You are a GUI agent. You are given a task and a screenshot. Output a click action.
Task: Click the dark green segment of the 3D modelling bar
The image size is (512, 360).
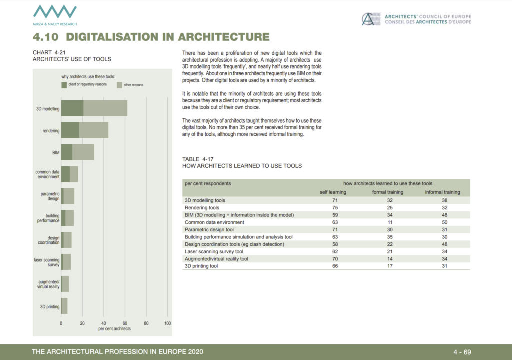tap(72, 108)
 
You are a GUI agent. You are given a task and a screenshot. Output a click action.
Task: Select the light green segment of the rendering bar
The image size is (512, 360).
tap(93, 130)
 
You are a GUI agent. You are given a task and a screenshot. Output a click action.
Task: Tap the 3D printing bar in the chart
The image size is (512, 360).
tap(64, 306)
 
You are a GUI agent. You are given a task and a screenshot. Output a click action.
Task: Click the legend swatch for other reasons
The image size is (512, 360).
tap(119, 85)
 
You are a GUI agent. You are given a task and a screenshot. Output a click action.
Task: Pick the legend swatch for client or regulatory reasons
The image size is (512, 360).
tap(64, 85)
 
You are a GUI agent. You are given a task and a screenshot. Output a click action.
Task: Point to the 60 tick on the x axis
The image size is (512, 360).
tap(125, 323)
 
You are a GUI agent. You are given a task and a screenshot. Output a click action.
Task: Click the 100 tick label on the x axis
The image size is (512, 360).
tap(167, 323)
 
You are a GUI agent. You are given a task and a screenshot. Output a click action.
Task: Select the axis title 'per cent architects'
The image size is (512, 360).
tap(114, 329)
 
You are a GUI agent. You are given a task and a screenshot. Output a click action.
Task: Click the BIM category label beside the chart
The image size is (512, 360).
tap(56, 153)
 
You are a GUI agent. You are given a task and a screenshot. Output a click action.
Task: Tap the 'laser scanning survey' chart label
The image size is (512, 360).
tap(47, 262)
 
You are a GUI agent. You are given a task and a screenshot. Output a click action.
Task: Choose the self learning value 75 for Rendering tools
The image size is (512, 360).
tap(335, 208)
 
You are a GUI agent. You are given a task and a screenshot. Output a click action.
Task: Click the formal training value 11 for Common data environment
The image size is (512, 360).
tap(390, 222)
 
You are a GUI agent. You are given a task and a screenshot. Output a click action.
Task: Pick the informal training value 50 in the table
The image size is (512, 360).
tap(444, 222)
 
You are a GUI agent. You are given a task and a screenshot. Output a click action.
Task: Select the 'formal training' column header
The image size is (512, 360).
tap(388, 192)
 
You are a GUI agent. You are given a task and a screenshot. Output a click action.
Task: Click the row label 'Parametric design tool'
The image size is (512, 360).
tap(209, 229)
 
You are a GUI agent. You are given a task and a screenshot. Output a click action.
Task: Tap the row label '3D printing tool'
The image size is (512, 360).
tap(201, 266)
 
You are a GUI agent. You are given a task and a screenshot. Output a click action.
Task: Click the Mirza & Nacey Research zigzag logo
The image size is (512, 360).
tap(55, 12)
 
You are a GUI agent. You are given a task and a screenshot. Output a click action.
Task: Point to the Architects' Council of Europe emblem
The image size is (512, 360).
tap(371, 19)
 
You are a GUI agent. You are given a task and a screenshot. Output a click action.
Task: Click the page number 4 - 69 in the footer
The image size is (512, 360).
tap(462, 352)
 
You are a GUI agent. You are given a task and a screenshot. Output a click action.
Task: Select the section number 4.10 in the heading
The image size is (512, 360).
tap(45, 37)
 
